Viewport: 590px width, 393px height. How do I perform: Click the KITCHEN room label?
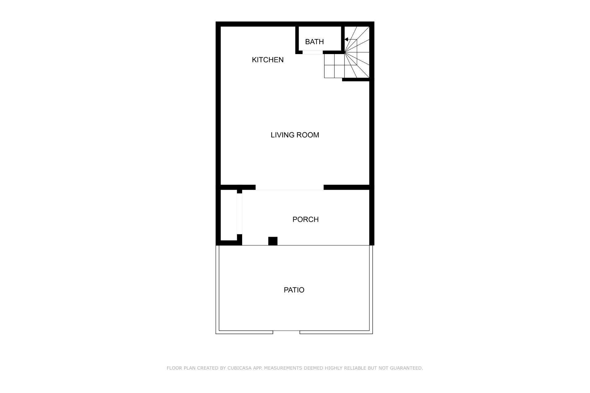[x=268, y=60]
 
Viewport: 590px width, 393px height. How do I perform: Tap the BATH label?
[x=314, y=42]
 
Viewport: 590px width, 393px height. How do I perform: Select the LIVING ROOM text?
[x=295, y=135]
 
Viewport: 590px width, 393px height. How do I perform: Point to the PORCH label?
[x=305, y=220]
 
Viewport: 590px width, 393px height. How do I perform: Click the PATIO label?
[x=294, y=290]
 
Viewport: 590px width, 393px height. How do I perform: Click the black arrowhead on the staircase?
[x=346, y=39]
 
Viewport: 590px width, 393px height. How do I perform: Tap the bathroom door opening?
[x=313, y=53]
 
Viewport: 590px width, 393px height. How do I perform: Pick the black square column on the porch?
[x=273, y=241]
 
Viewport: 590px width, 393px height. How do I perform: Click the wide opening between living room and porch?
[x=289, y=187]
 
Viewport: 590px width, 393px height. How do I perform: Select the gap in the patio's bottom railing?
[x=286, y=332]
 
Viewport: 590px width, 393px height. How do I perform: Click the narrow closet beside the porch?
[x=229, y=215]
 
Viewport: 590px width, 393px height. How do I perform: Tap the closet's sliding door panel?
[x=239, y=214]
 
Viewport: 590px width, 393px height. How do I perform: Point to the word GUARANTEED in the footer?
[x=407, y=368]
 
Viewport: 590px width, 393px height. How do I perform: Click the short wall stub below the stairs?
[x=356, y=80]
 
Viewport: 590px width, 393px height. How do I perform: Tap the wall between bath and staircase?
[x=343, y=39]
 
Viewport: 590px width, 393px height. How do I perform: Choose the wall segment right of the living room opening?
[x=347, y=187]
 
